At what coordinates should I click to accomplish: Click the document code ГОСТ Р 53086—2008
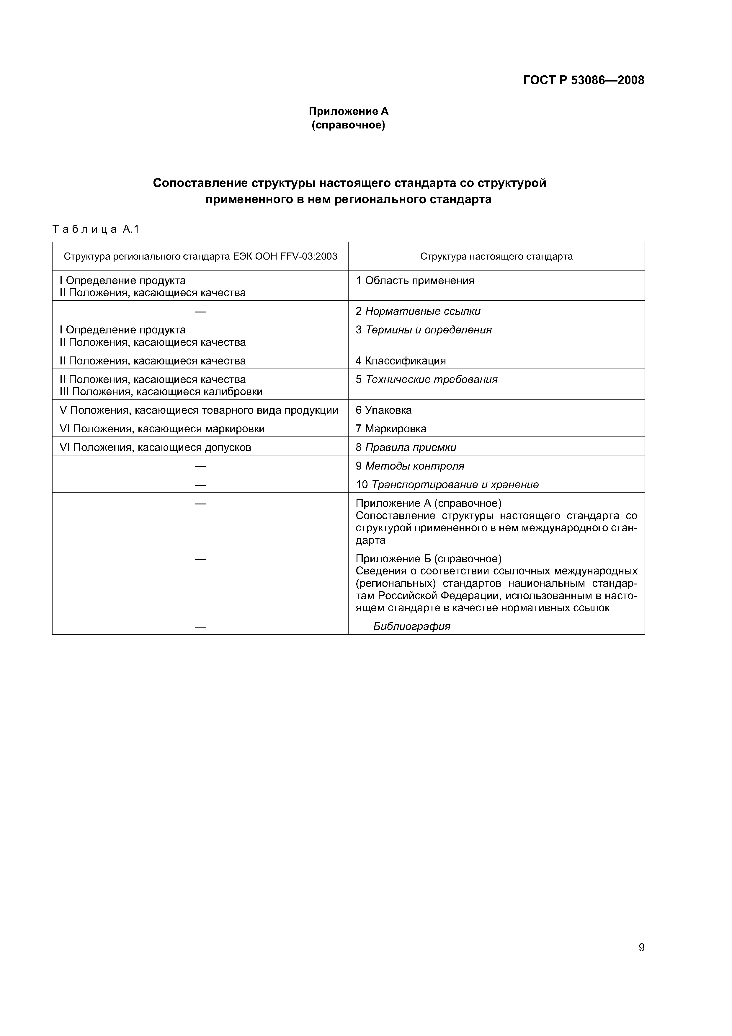[x=583, y=80]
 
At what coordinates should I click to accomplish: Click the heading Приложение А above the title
[x=348, y=111]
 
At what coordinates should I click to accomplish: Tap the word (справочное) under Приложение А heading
[x=348, y=125]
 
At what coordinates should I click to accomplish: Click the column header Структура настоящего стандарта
[x=496, y=256]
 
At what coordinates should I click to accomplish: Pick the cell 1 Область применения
[x=415, y=281]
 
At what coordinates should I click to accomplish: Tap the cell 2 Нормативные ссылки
[x=418, y=311]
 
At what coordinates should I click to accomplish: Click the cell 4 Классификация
[x=401, y=361]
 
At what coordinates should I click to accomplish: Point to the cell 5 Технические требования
[x=426, y=379]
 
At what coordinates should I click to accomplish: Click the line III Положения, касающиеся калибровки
[x=161, y=392]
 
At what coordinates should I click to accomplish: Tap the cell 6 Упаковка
[x=383, y=410]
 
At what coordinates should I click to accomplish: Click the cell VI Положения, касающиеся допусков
[x=155, y=447]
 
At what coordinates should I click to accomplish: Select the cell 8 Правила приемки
[x=406, y=447]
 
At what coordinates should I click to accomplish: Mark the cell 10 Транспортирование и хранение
[x=447, y=485]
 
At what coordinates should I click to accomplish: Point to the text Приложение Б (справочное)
[x=429, y=559]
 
